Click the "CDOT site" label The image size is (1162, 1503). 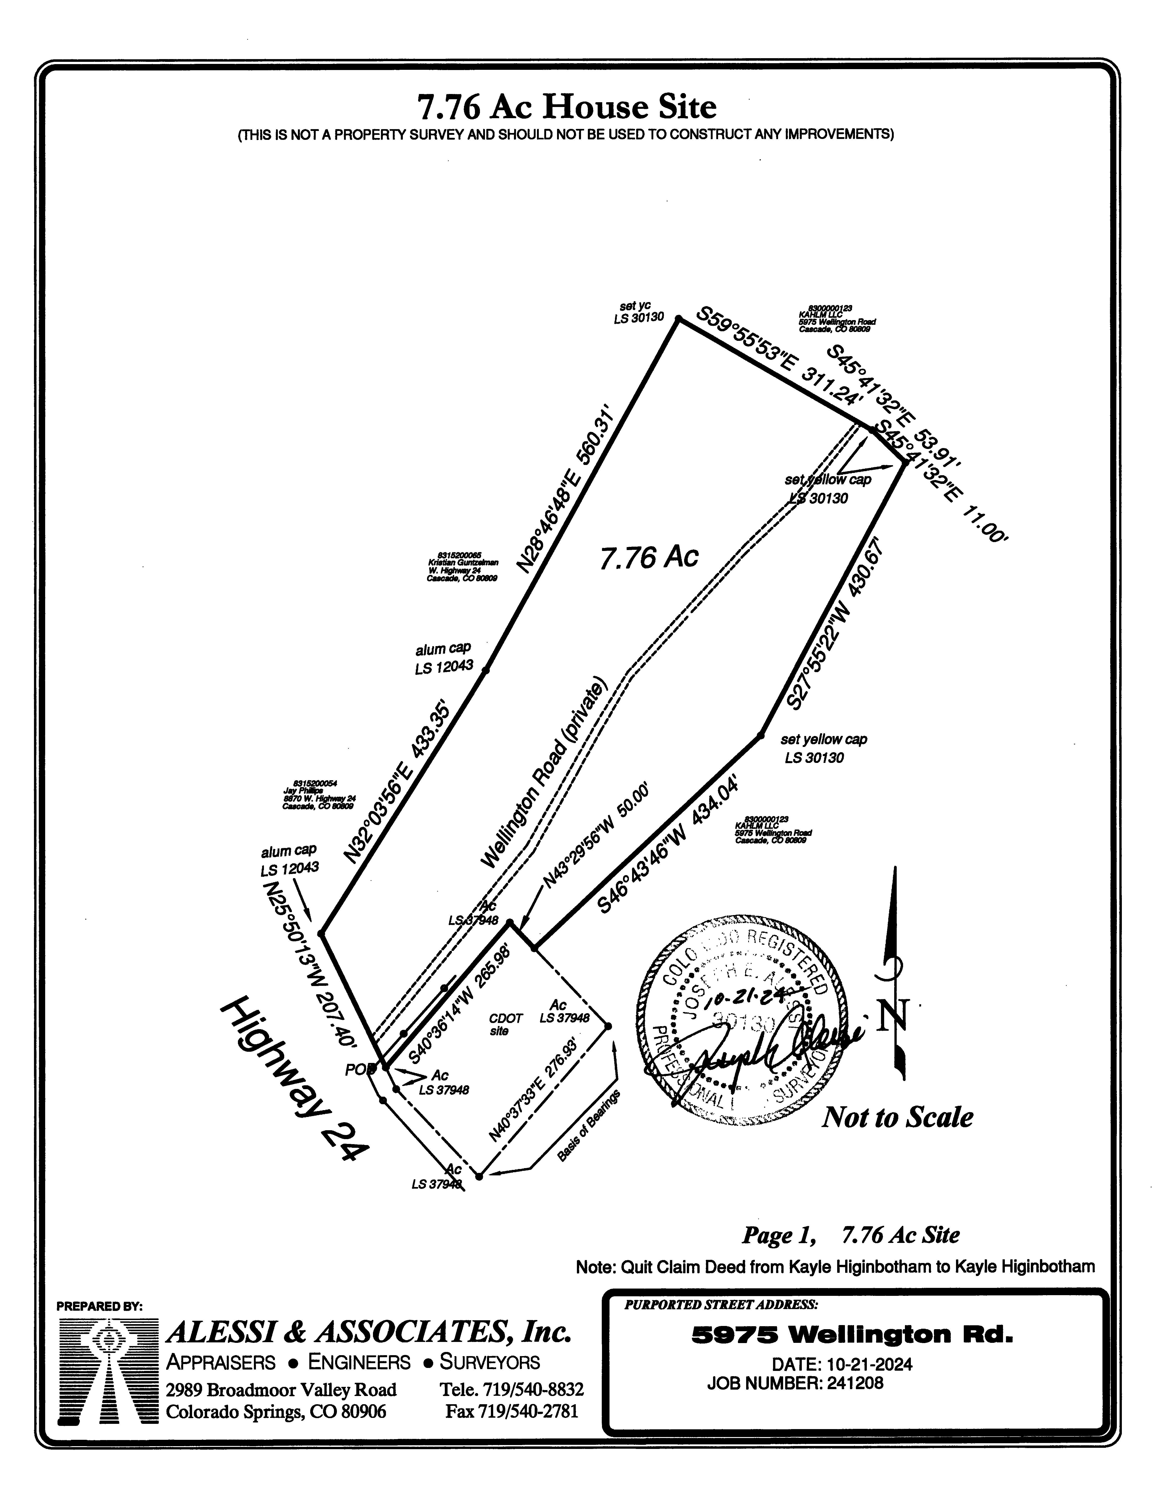(x=505, y=1024)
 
